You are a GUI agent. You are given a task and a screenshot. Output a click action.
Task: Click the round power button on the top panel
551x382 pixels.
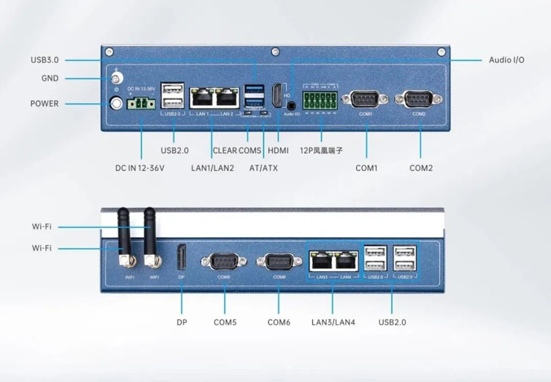tap(116, 104)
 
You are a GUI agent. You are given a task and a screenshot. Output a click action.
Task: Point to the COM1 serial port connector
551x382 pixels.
tap(366, 99)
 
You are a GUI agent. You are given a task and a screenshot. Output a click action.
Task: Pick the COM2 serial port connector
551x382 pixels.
tap(419, 99)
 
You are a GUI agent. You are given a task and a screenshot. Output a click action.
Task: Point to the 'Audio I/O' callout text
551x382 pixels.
tap(507, 60)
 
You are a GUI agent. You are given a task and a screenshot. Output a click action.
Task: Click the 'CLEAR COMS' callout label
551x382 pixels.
tap(237, 151)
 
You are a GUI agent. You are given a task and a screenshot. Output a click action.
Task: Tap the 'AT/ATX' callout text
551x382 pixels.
tap(263, 168)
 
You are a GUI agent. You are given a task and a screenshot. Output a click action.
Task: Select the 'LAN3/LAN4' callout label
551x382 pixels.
tap(333, 322)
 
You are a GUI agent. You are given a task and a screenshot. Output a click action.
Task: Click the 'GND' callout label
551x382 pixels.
tap(51, 79)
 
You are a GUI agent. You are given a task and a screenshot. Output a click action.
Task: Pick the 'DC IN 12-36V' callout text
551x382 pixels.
tap(140, 168)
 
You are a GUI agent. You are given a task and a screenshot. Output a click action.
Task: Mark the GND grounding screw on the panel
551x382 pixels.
tap(116, 79)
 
